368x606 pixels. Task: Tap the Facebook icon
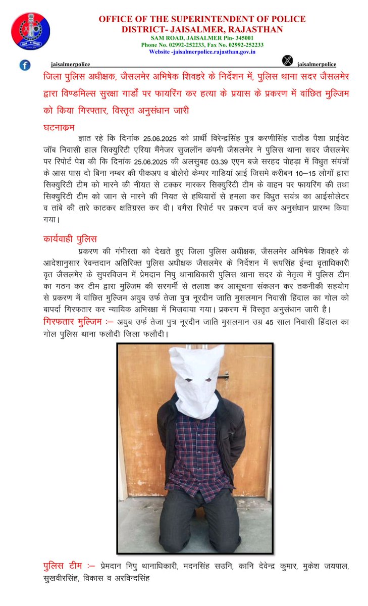point(25,65)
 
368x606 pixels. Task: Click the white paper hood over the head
point(196,379)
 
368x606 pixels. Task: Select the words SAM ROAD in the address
point(165,38)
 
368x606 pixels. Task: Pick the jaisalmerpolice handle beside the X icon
point(317,65)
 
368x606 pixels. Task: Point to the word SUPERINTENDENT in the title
point(203,19)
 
